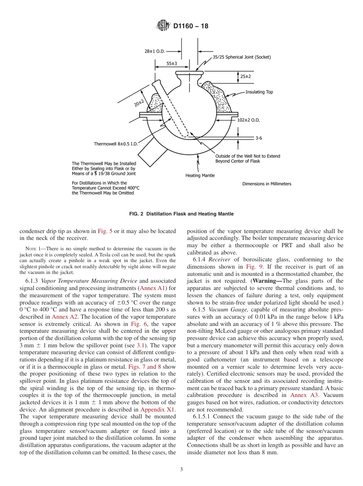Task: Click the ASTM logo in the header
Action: [x=163, y=26]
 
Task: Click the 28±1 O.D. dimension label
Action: [x=154, y=50]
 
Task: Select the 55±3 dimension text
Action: [x=171, y=63]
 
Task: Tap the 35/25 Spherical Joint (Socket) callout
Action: [x=241, y=57]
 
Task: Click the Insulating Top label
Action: [x=259, y=92]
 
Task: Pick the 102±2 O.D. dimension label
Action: [x=248, y=120]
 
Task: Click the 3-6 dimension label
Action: [x=258, y=138]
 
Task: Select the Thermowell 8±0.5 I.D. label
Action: [x=115, y=144]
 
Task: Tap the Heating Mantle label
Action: [x=200, y=175]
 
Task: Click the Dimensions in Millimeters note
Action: [x=267, y=184]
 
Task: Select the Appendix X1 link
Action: [x=158, y=409]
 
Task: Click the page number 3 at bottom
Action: [x=181, y=470]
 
